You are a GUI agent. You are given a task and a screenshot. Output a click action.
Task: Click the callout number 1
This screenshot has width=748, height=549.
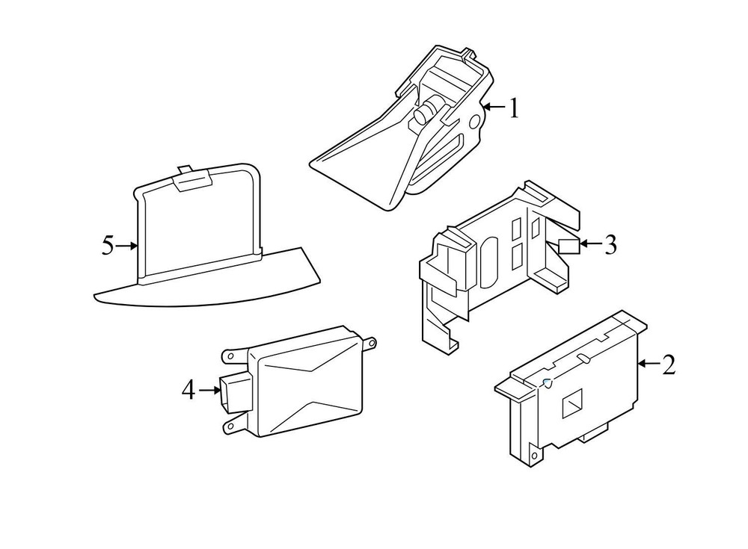tap(513, 108)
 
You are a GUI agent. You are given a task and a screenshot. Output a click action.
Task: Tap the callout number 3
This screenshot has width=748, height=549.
tap(610, 244)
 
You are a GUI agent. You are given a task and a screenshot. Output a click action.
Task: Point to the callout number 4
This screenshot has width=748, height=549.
tap(188, 391)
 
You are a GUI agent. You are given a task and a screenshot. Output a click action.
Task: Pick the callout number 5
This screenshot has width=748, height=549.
tap(108, 246)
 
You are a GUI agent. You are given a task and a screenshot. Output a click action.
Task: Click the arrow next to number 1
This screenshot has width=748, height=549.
tap(494, 108)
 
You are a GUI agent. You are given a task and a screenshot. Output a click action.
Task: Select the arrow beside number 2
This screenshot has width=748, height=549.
tap(649, 364)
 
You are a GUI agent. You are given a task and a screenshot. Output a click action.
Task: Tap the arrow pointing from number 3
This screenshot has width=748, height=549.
tap(590, 244)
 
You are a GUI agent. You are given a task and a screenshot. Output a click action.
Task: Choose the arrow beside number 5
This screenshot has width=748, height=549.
tap(127, 246)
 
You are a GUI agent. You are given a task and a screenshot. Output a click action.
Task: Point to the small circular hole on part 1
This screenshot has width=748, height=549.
tap(476, 122)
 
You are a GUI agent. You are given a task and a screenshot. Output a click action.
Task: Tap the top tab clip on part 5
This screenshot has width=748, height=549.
tap(193, 179)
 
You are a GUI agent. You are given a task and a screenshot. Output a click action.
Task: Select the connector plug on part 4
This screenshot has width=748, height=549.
tap(233, 391)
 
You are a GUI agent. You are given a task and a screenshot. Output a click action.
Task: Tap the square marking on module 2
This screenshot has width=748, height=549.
tap(572, 403)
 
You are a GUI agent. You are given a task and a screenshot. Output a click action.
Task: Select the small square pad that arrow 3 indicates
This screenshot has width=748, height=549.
tap(569, 246)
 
